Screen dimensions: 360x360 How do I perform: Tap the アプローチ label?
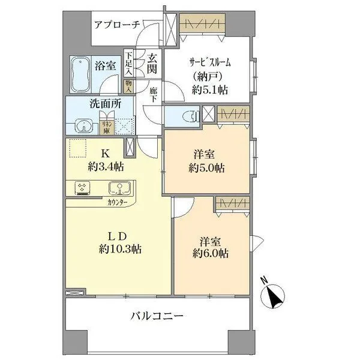(117, 25)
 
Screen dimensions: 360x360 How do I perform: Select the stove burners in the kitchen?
(83, 188)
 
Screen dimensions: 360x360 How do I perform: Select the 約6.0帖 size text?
(211, 254)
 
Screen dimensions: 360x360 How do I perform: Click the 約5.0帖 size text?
(208, 169)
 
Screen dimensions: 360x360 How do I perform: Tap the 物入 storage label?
(128, 85)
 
